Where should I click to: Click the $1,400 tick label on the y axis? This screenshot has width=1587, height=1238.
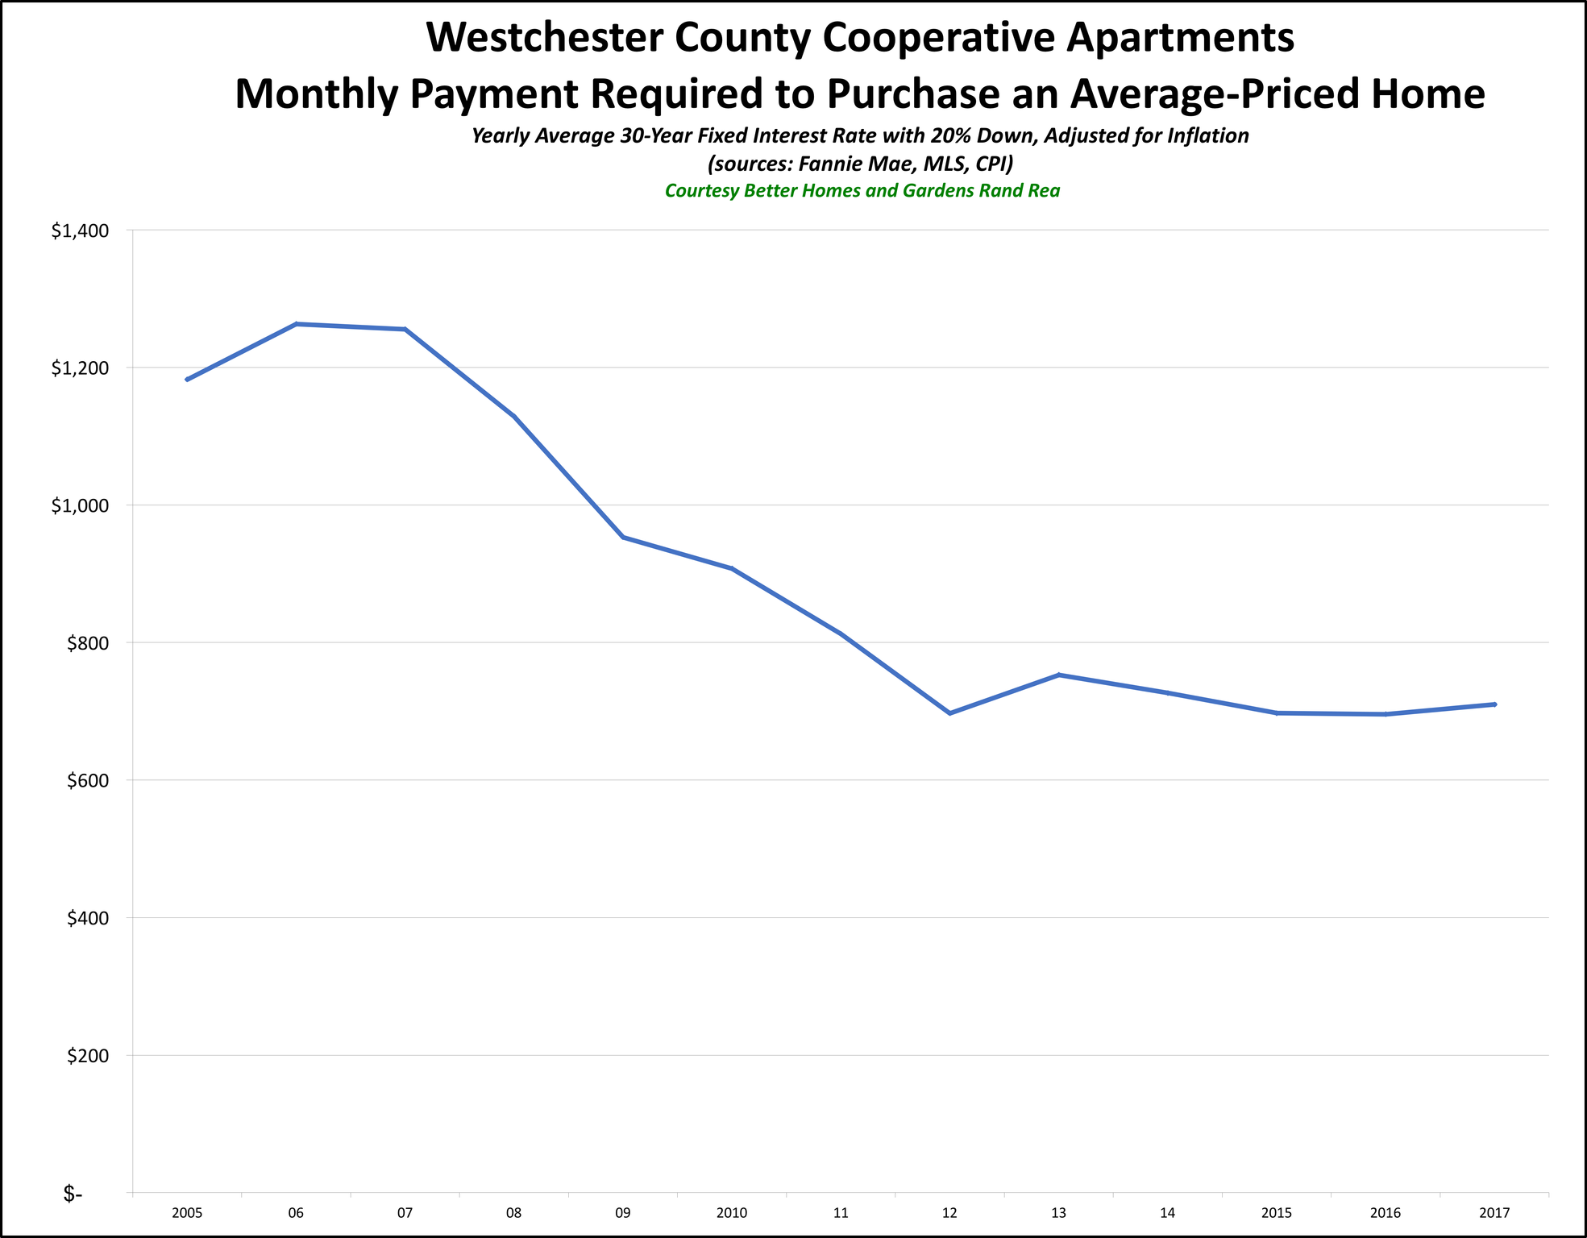point(80,231)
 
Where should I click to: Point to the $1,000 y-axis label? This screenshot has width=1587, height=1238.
point(80,506)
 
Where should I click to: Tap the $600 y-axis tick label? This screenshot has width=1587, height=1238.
point(86,781)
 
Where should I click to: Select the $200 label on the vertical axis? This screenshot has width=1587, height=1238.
point(86,1056)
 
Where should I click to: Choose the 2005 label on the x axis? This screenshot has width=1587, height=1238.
point(187,1213)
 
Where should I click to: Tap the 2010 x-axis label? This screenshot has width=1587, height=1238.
point(732,1213)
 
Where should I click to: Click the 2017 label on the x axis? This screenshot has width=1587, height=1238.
point(1494,1213)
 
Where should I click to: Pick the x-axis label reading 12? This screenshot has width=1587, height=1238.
point(949,1213)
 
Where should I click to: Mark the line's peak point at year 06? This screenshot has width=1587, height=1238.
point(297,324)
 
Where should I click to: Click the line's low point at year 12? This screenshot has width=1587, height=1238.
point(949,713)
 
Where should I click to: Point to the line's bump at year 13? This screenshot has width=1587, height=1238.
point(1058,675)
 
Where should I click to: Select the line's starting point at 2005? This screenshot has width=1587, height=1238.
point(187,380)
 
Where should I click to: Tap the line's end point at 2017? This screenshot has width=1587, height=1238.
point(1495,704)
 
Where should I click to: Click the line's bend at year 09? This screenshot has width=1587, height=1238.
point(623,537)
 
